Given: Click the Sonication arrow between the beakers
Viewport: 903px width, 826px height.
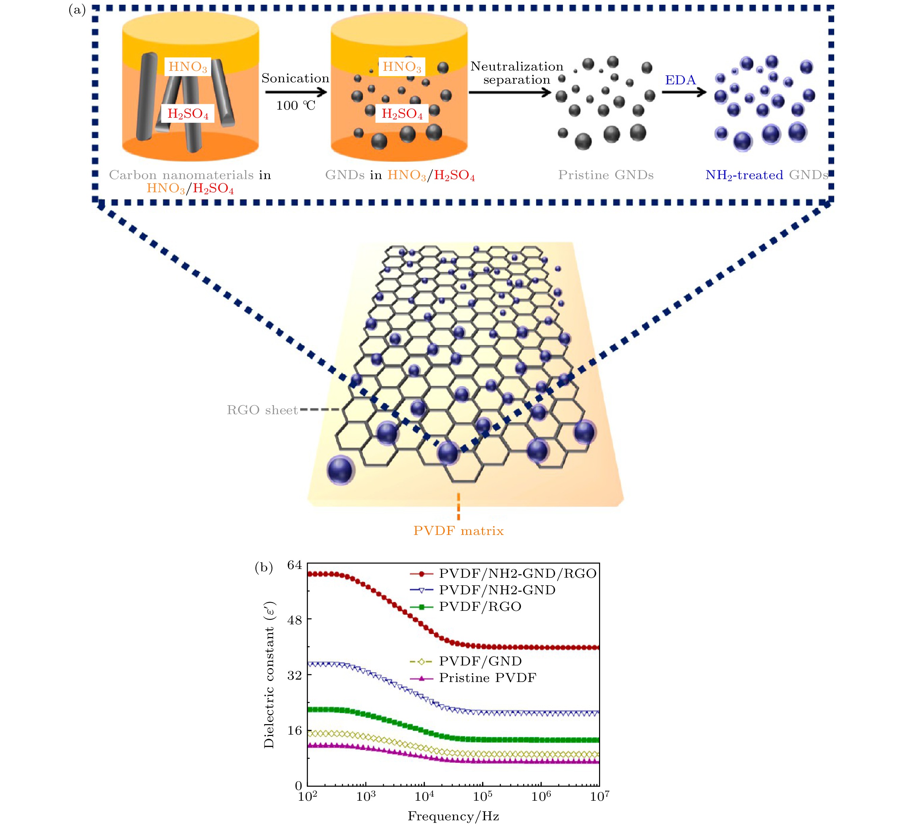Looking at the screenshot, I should coord(295,92).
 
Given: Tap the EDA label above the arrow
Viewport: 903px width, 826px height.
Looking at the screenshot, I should coord(680,80).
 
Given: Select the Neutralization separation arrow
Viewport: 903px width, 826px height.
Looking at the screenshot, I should coord(509,93).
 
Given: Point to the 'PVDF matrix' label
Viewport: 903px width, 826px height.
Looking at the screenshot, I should coord(458,531).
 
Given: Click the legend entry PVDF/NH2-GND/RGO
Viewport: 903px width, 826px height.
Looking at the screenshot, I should coord(517,574).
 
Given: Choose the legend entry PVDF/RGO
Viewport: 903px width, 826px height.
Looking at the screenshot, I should coord(480,607).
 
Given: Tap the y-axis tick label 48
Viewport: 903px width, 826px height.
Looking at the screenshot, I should coord(295,620).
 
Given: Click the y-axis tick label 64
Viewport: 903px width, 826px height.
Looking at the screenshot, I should coord(295,565).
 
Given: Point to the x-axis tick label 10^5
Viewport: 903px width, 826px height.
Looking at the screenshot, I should coord(482,796).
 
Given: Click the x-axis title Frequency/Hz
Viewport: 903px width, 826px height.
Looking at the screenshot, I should coord(453,817).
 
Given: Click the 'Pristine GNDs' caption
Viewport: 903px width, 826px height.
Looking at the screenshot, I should coord(605,175).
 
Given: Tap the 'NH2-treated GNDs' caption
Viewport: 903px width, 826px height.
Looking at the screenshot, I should coord(766,175).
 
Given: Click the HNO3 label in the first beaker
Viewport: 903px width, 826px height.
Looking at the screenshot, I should coord(188,67).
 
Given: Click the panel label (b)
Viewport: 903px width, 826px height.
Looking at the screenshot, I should coord(263,568).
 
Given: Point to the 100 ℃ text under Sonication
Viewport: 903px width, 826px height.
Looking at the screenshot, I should coord(295,106).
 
